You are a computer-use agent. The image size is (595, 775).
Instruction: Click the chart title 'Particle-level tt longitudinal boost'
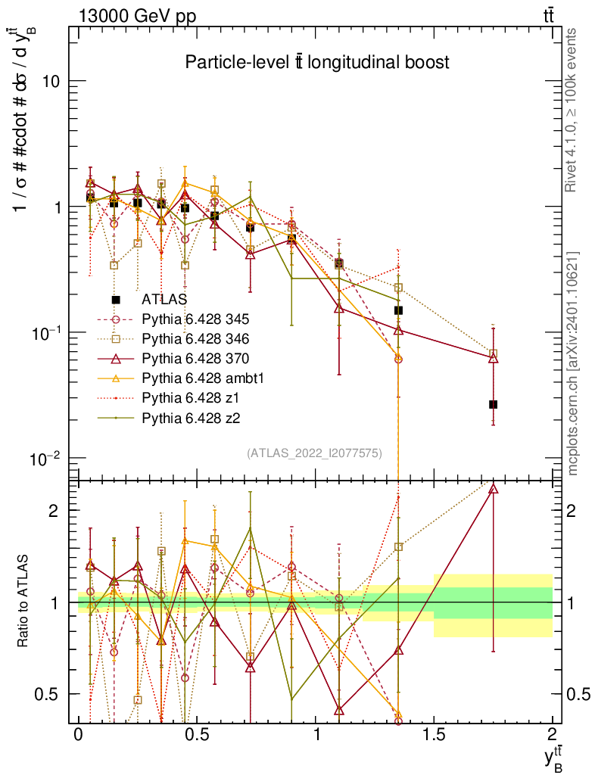click(317, 63)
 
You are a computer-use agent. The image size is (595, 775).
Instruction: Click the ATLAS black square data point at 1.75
click(494, 405)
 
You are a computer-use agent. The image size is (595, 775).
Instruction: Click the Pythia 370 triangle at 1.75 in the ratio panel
click(494, 489)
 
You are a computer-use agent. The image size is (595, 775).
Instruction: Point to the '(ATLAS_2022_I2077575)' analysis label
click(314, 453)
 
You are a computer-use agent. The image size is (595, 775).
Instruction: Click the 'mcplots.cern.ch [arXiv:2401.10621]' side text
click(573, 363)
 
